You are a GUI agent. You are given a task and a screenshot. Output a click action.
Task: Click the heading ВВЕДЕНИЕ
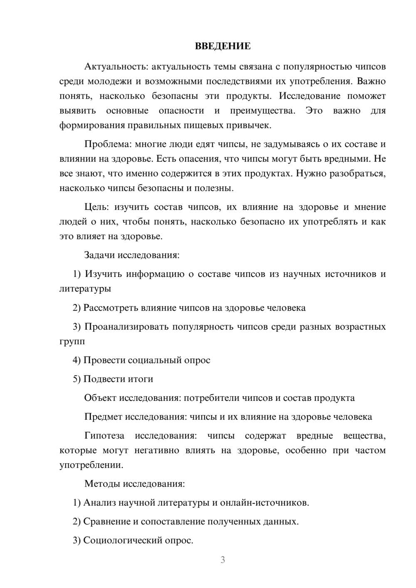[x=223, y=46]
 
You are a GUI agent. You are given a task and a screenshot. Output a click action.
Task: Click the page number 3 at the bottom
[x=223, y=560]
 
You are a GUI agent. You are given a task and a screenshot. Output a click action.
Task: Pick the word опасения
[x=201, y=159]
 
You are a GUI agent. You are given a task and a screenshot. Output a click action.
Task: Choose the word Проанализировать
[x=126, y=326]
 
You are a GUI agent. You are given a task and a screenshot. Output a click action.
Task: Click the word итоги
[x=141, y=379]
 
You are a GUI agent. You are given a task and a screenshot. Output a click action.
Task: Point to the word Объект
[x=100, y=398]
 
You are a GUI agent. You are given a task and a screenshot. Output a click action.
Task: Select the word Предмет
[x=103, y=417]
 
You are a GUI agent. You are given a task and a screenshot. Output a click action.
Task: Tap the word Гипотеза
[x=104, y=436]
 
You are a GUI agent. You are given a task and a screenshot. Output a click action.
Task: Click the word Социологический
[x=123, y=541]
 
